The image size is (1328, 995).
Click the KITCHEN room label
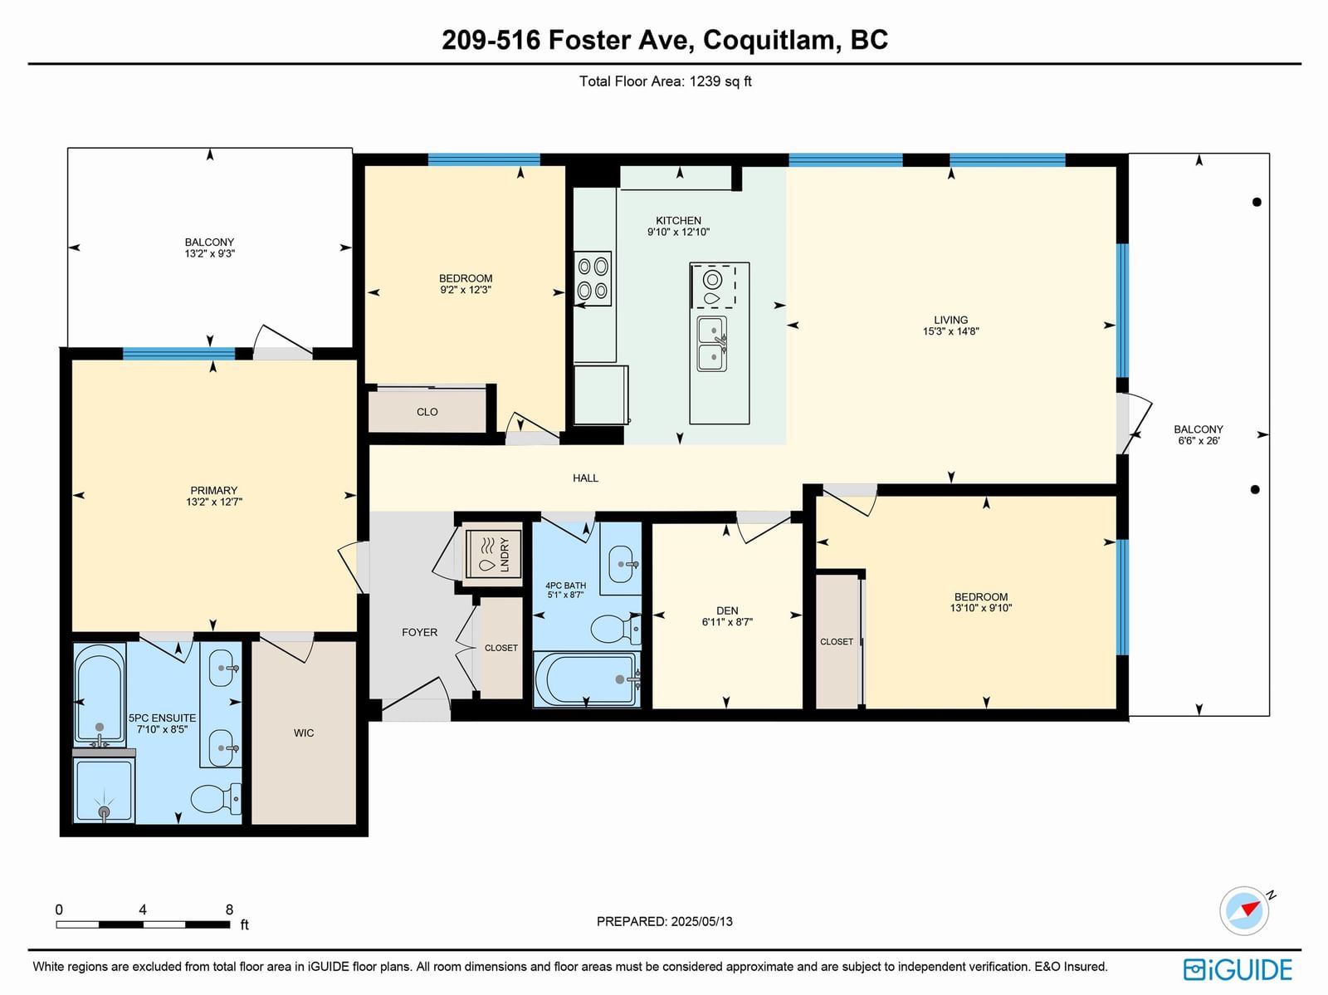point(678,221)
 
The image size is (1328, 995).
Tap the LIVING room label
point(950,320)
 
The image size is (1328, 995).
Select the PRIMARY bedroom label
point(213,490)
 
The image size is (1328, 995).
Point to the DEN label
point(727,610)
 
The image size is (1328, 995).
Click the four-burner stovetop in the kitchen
point(593,278)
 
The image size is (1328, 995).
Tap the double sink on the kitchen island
point(712,344)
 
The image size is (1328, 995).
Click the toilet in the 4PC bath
point(615,629)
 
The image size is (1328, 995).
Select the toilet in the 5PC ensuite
point(216,799)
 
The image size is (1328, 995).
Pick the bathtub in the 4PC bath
point(586,679)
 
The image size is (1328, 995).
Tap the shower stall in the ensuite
point(104,791)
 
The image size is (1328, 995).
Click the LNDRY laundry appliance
point(493,554)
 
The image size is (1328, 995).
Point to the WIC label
point(304,733)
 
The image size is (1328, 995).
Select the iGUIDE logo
point(1238,969)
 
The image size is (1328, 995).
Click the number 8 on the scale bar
point(229,909)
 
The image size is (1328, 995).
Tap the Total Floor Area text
point(665,81)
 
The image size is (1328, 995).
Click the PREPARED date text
point(664,921)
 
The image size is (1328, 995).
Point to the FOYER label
point(419,633)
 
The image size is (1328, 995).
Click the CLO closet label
point(427,412)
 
